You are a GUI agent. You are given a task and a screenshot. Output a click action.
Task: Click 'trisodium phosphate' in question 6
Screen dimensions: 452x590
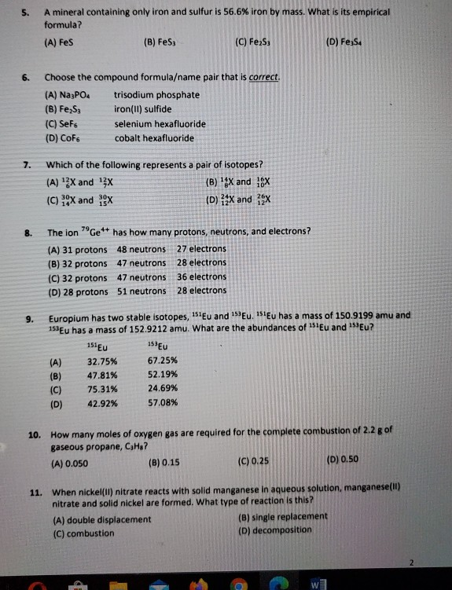point(157,95)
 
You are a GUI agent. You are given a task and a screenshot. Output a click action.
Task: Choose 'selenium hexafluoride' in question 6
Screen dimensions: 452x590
point(160,124)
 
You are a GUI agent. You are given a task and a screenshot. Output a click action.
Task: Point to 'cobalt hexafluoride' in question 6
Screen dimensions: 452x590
point(154,138)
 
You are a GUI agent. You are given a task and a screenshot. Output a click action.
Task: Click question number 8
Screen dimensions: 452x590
point(27,232)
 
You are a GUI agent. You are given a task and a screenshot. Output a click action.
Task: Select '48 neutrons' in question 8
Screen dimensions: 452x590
point(141,249)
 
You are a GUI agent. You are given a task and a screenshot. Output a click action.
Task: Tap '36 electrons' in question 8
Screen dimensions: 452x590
point(201,277)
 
